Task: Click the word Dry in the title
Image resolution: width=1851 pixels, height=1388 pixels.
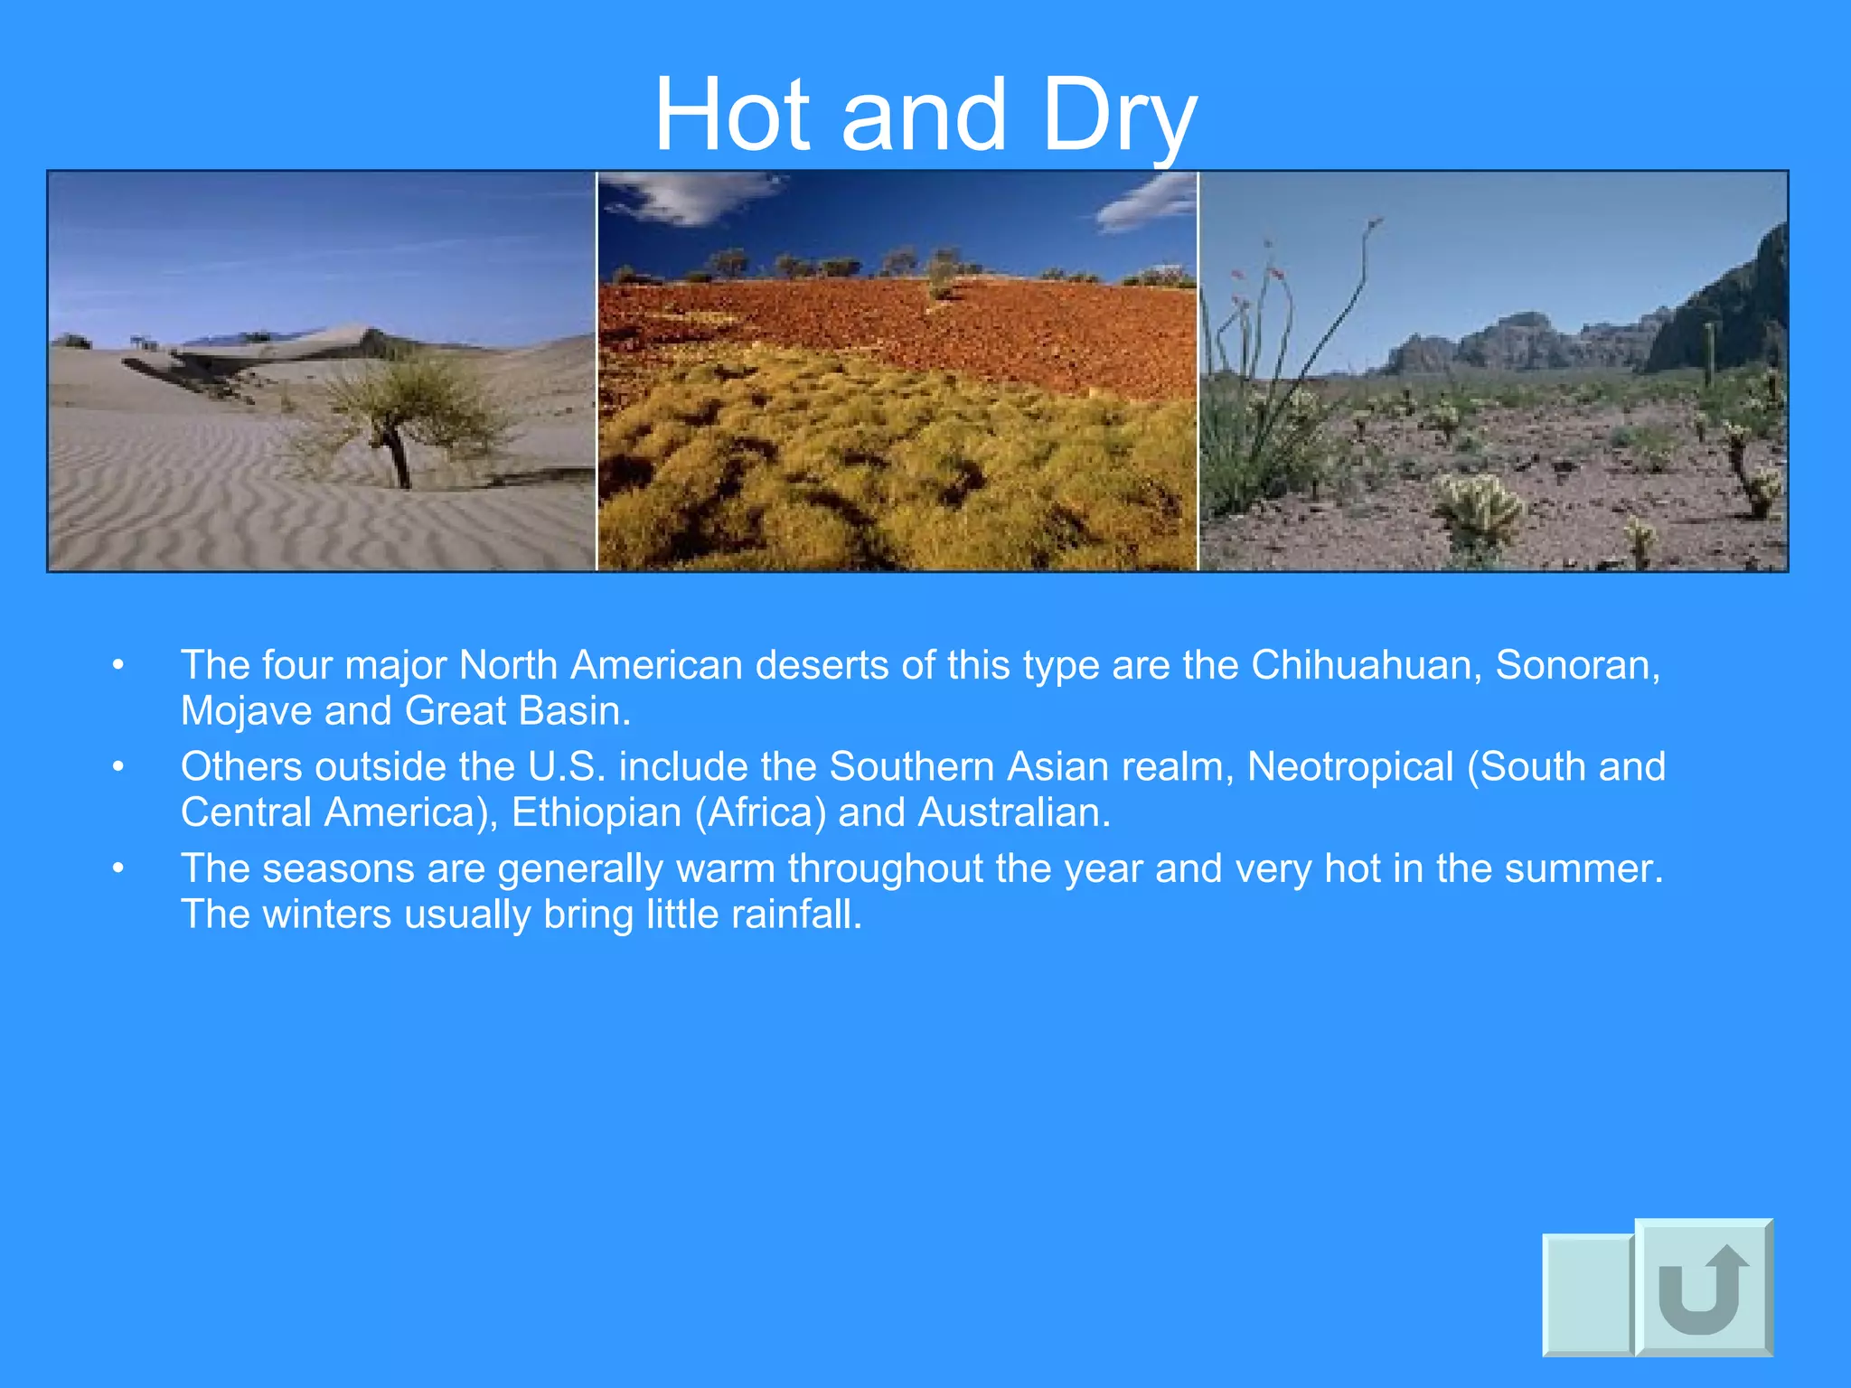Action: tap(1119, 116)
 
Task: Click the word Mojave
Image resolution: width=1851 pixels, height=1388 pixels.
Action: tap(246, 712)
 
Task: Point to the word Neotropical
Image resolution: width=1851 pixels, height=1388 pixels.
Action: tap(1350, 767)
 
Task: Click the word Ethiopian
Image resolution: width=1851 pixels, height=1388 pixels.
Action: tap(597, 813)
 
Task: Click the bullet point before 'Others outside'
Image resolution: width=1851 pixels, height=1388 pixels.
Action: tap(117, 767)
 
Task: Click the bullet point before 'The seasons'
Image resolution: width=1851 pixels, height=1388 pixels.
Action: tap(117, 869)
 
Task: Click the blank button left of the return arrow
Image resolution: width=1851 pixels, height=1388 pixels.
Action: tap(1587, 1294)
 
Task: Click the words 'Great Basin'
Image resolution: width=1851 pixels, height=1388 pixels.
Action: tap(517, 712)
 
